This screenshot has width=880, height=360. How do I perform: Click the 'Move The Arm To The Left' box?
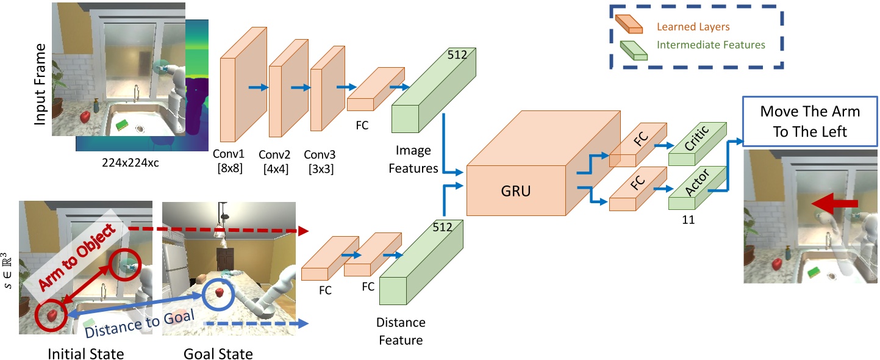tap(809, 121)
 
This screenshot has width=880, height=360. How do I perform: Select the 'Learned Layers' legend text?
tap(693, 27)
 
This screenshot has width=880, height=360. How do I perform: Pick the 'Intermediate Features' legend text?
tap(710, 45)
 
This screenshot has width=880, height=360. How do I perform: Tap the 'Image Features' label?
tap(413, 159)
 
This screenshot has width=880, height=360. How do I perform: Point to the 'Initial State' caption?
tap(85, 353)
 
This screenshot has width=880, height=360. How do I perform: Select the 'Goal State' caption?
tap(218, 353)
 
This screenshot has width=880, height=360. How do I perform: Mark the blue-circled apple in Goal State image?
tap(218, 292)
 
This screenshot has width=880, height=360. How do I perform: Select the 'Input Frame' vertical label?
tap(40, 84)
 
